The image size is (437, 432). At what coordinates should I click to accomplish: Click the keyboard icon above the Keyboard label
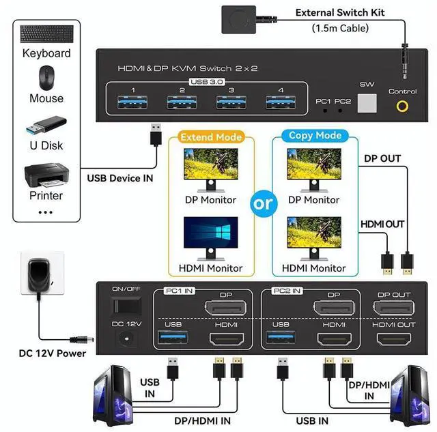pyautogui.click(x=46, y=34)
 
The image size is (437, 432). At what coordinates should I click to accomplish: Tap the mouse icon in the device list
pyautogui.click(x=46, y=77)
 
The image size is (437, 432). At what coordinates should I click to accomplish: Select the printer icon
pyautogui.click(x=46, y=175)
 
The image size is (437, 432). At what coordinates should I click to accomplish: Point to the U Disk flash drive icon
pyautogui.click(x=46, y=127)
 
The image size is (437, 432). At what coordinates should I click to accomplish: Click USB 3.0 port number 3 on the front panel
pyautogui.click(x=231, y=103)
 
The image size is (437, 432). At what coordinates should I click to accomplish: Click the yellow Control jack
pyautogui.click(x=402, y=106)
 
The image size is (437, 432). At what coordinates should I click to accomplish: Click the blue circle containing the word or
pyautogui.click(x=264, y=204)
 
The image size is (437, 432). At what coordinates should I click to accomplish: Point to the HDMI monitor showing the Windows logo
pyautogui.click(x=211, y=235)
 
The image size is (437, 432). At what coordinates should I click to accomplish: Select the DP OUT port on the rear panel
pyautogui.click(x=395, y=306)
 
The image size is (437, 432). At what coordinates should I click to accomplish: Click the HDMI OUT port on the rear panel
pyautogui.click(x=395, y=339)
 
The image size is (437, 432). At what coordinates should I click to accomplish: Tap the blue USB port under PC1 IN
pyautogui.click(x=172, y=339)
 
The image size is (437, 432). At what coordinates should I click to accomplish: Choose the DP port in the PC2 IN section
pyautogui.click(x=334, y=306)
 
